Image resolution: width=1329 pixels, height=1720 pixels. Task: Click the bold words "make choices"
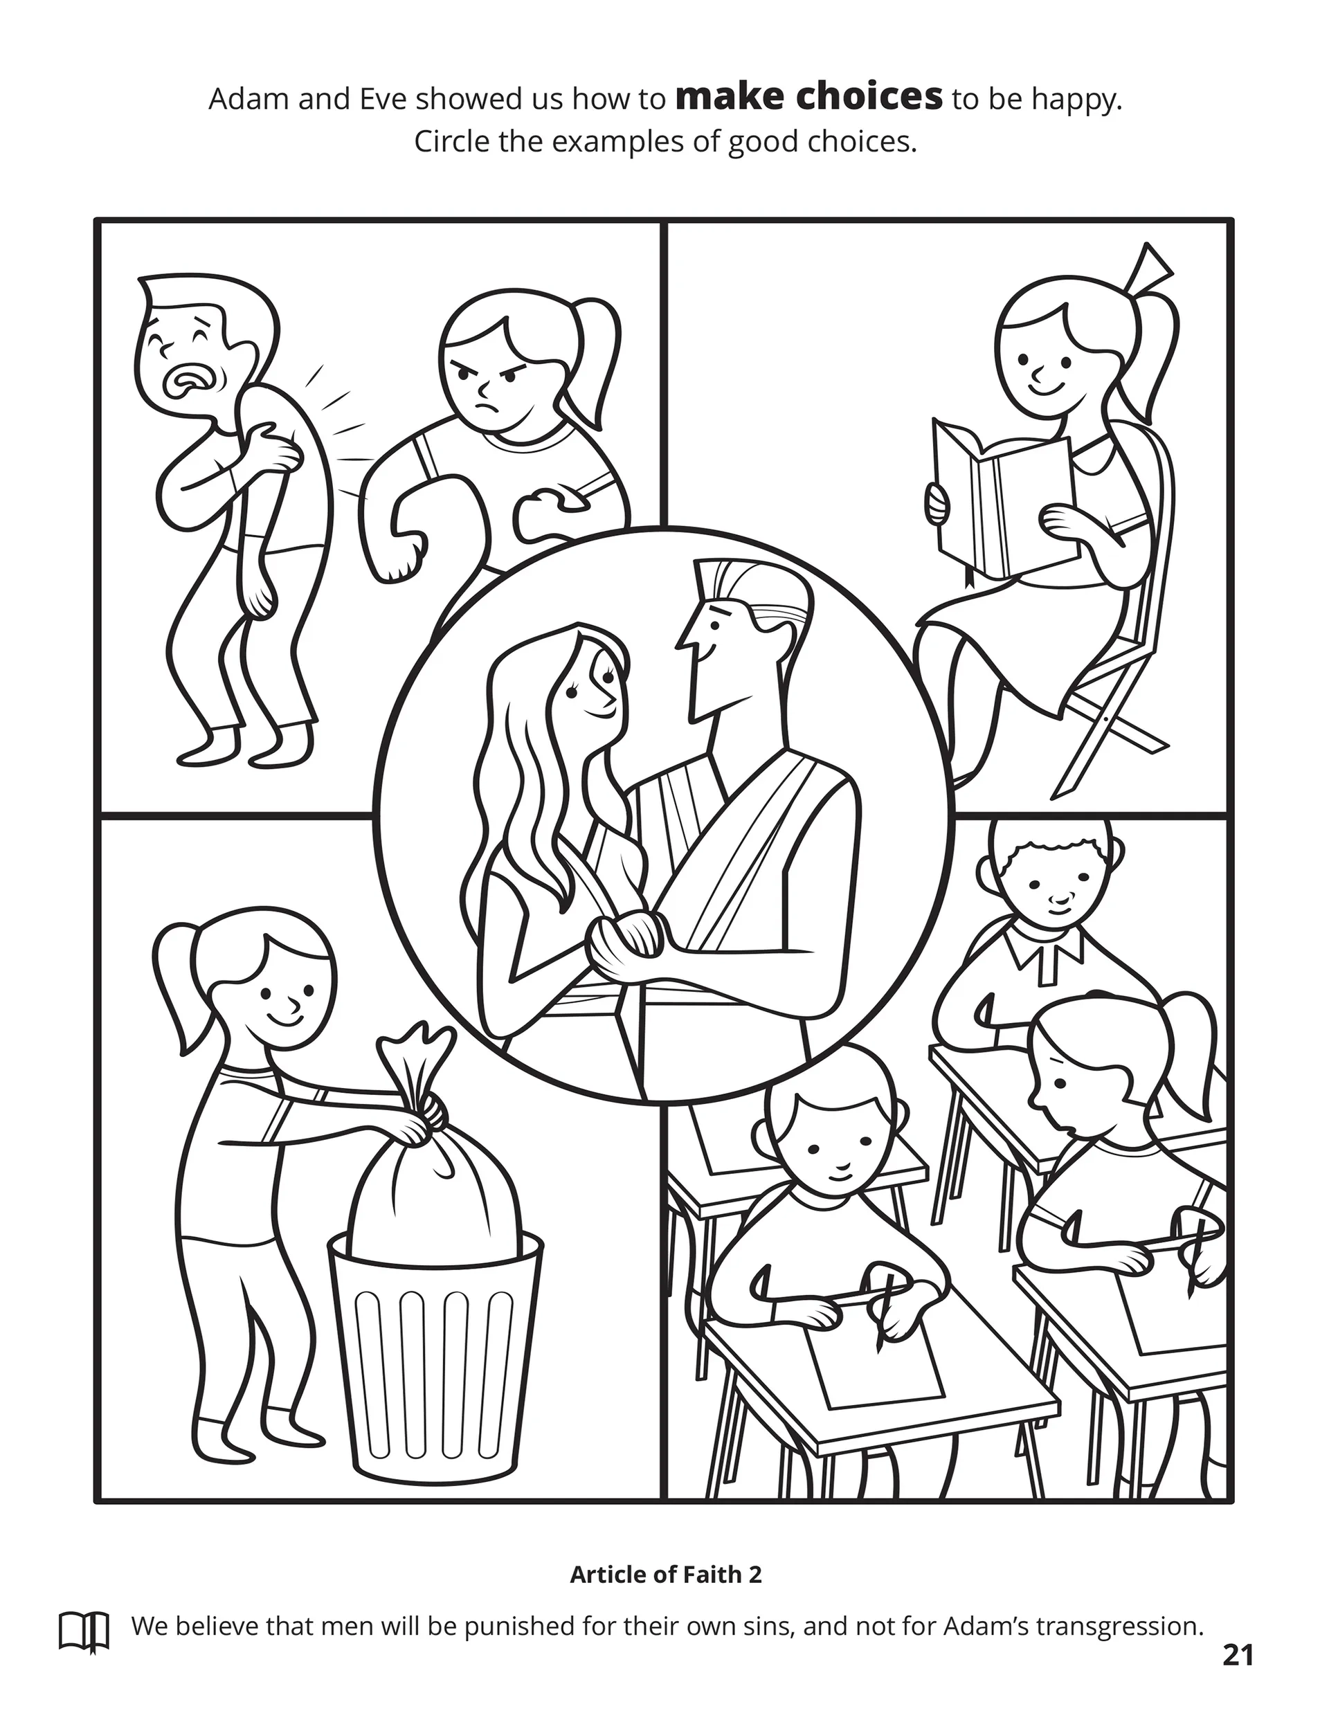pos(809,98)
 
